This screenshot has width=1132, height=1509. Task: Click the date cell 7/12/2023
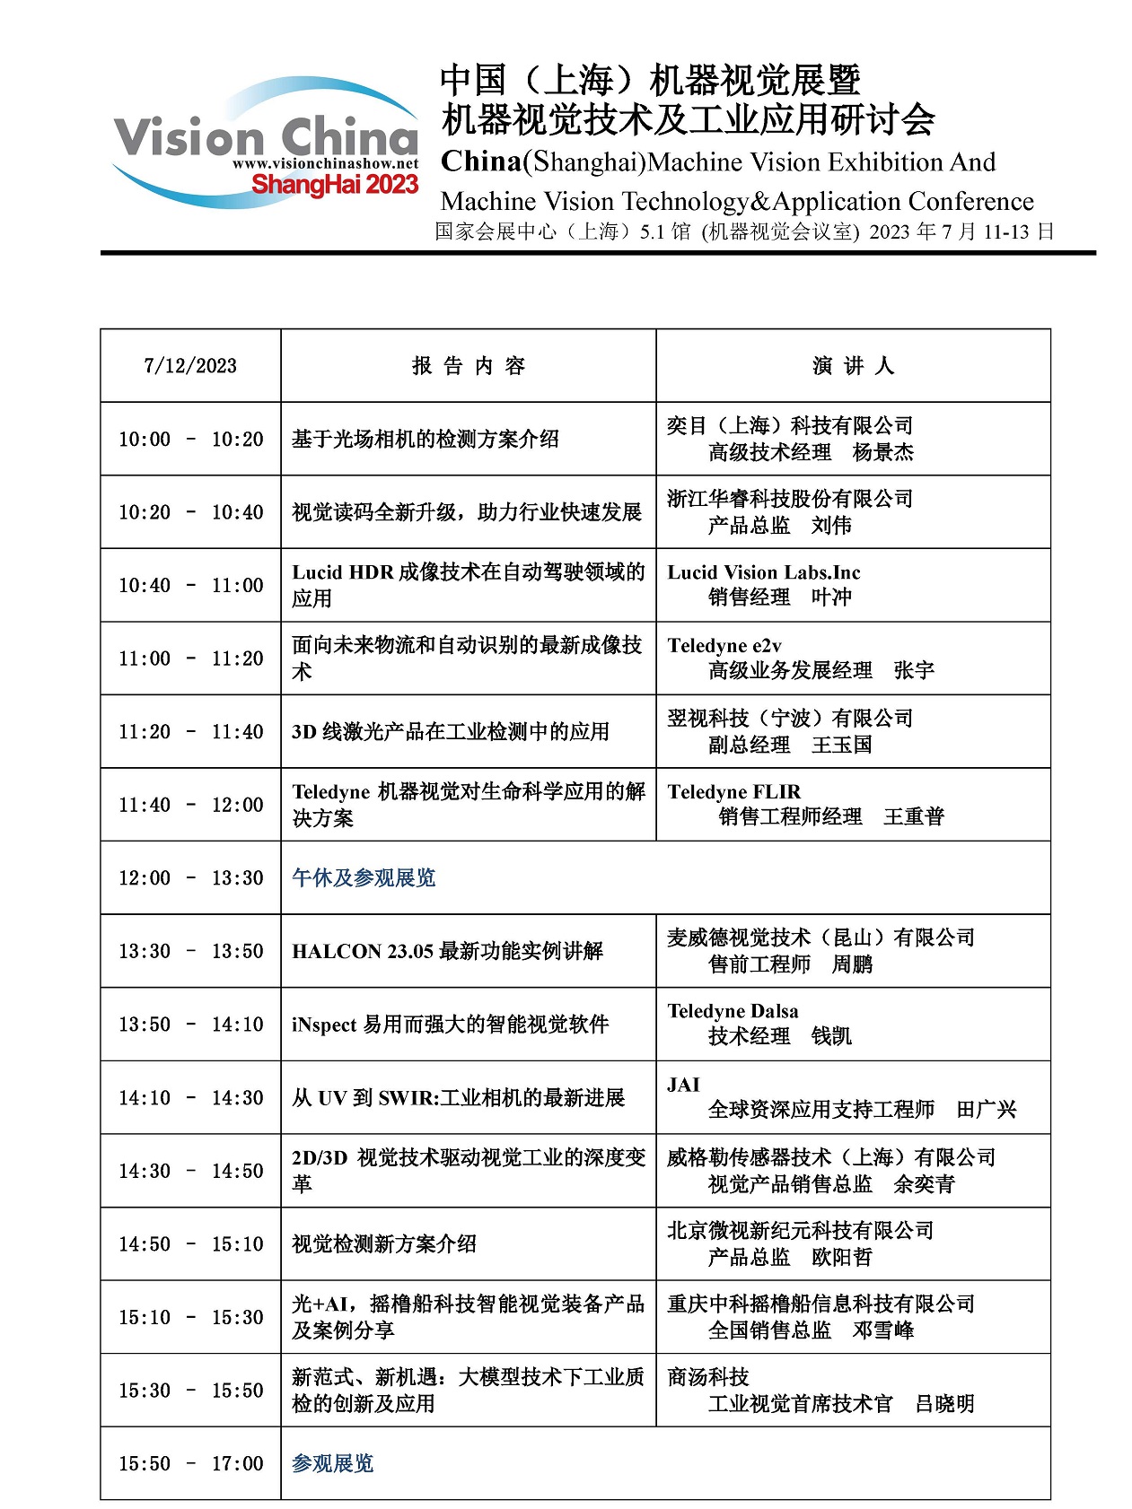[x=190, y=366]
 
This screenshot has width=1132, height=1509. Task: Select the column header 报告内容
[x=468, y=366]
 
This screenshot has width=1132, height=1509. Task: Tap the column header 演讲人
[x=853, y=366]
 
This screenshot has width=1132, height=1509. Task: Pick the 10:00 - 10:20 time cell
[x=190, y=440]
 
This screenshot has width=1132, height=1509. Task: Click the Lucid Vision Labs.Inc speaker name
[x=763, y=572]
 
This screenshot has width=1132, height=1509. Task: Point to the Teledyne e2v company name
[x=724, y=646]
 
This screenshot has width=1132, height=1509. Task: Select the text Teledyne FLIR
[x=733, y=792]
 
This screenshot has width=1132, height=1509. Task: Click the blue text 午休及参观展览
[x=364, y=878]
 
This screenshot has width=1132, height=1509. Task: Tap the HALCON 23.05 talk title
[x=447, y=952]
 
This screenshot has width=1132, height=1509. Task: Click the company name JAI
[x=683, y=1086]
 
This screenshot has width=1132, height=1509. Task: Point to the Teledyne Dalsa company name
[x=733, y=1012]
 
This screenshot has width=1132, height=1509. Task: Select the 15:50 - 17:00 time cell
[x=190, y=1464]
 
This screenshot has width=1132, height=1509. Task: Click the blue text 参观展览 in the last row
[x=332, y=1464]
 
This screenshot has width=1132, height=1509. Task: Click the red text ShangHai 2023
[x=335, y=185]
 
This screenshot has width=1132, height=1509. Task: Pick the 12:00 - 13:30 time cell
[x=190, y=878]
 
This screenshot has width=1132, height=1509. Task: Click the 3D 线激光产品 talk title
[x=450, y=732]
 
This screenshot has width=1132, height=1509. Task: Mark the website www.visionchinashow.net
[x=325, y=164]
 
